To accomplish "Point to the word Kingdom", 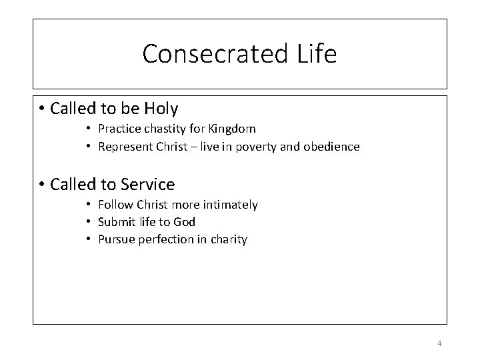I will coord(233,128).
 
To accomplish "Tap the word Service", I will coord(144,185).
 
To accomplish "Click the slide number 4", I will coord(439,343).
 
